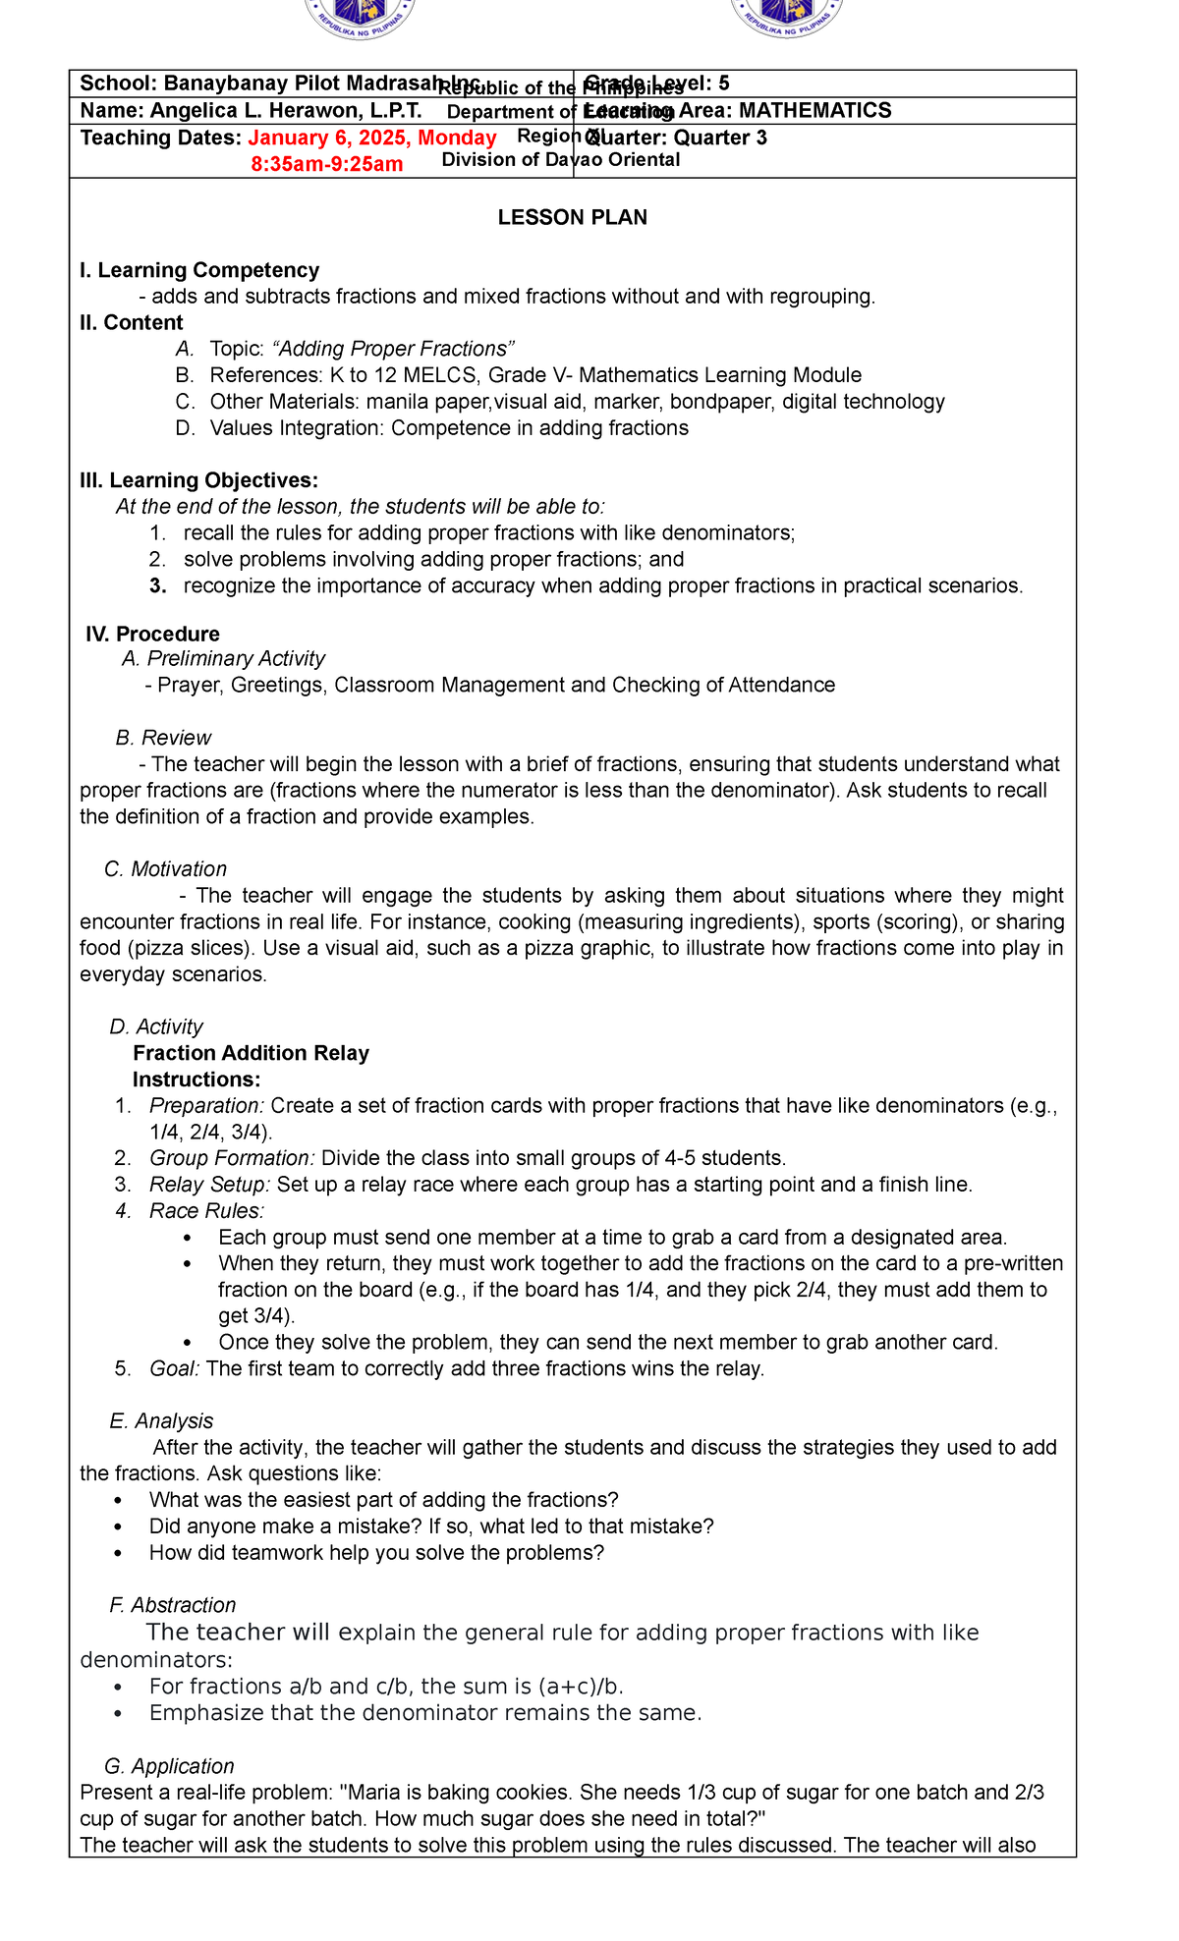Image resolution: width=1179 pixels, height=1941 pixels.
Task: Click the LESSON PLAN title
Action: pyautogui.click(x=572, y=218)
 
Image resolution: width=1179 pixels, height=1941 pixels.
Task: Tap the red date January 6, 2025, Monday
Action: pyautogui.click(x=372, y=138)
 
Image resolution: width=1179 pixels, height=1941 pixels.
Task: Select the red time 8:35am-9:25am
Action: pyautogui.click(x=327, y=164)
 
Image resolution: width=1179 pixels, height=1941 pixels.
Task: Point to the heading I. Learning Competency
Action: pyautogui.click(x=199, y=270)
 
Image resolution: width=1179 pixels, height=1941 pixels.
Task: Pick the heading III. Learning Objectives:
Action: pyautogui.click(x=199, y=480)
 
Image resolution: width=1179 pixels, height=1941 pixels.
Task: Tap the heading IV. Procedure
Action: pyautogui.click(x=153, y=634)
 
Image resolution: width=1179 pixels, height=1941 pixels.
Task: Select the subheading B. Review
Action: pyautogui.click(x=163, y=738)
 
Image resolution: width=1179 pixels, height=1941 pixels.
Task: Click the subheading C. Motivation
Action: pyautogui.click(x=165, y=869)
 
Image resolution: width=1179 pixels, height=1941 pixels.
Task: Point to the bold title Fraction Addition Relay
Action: pyautogui.click(x=252, y=1053)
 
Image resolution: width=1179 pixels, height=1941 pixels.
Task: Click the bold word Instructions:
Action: pyautogui.click(x=196, y=1080)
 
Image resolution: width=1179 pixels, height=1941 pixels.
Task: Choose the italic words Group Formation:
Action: pyautogui.click(x=232, y=1158)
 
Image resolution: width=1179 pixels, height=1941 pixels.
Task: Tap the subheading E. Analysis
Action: pyautogui.click(x=162, y=1421)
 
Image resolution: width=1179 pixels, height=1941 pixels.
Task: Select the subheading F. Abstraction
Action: pyautogui.click(x=173, y=1605)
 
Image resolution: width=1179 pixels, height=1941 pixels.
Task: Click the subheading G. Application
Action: pyautogui.click(x=169, y=1766)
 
